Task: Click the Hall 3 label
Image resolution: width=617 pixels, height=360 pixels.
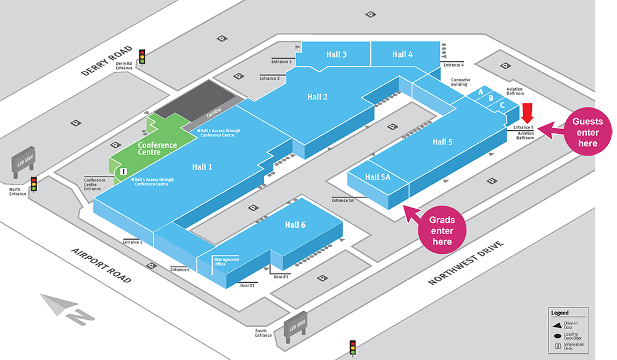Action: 336,54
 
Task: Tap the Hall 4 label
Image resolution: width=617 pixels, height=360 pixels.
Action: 402,54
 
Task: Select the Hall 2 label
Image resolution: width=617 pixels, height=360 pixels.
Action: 317,96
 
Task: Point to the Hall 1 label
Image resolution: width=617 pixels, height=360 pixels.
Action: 202,166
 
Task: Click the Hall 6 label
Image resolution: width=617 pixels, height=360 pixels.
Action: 295,224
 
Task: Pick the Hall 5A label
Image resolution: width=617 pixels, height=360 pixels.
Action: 378,177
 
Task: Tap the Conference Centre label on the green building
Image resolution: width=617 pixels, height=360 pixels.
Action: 157,149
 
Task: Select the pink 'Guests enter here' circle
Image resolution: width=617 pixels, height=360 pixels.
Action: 588,132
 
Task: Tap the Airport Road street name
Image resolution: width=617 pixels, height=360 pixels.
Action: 101,265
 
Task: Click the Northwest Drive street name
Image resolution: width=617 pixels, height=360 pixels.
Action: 466,263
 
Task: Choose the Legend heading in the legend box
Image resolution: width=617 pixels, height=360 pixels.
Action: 560,313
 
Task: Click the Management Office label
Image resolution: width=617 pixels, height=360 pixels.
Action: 226,262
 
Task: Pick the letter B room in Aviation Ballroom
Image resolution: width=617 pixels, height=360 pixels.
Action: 491,98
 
